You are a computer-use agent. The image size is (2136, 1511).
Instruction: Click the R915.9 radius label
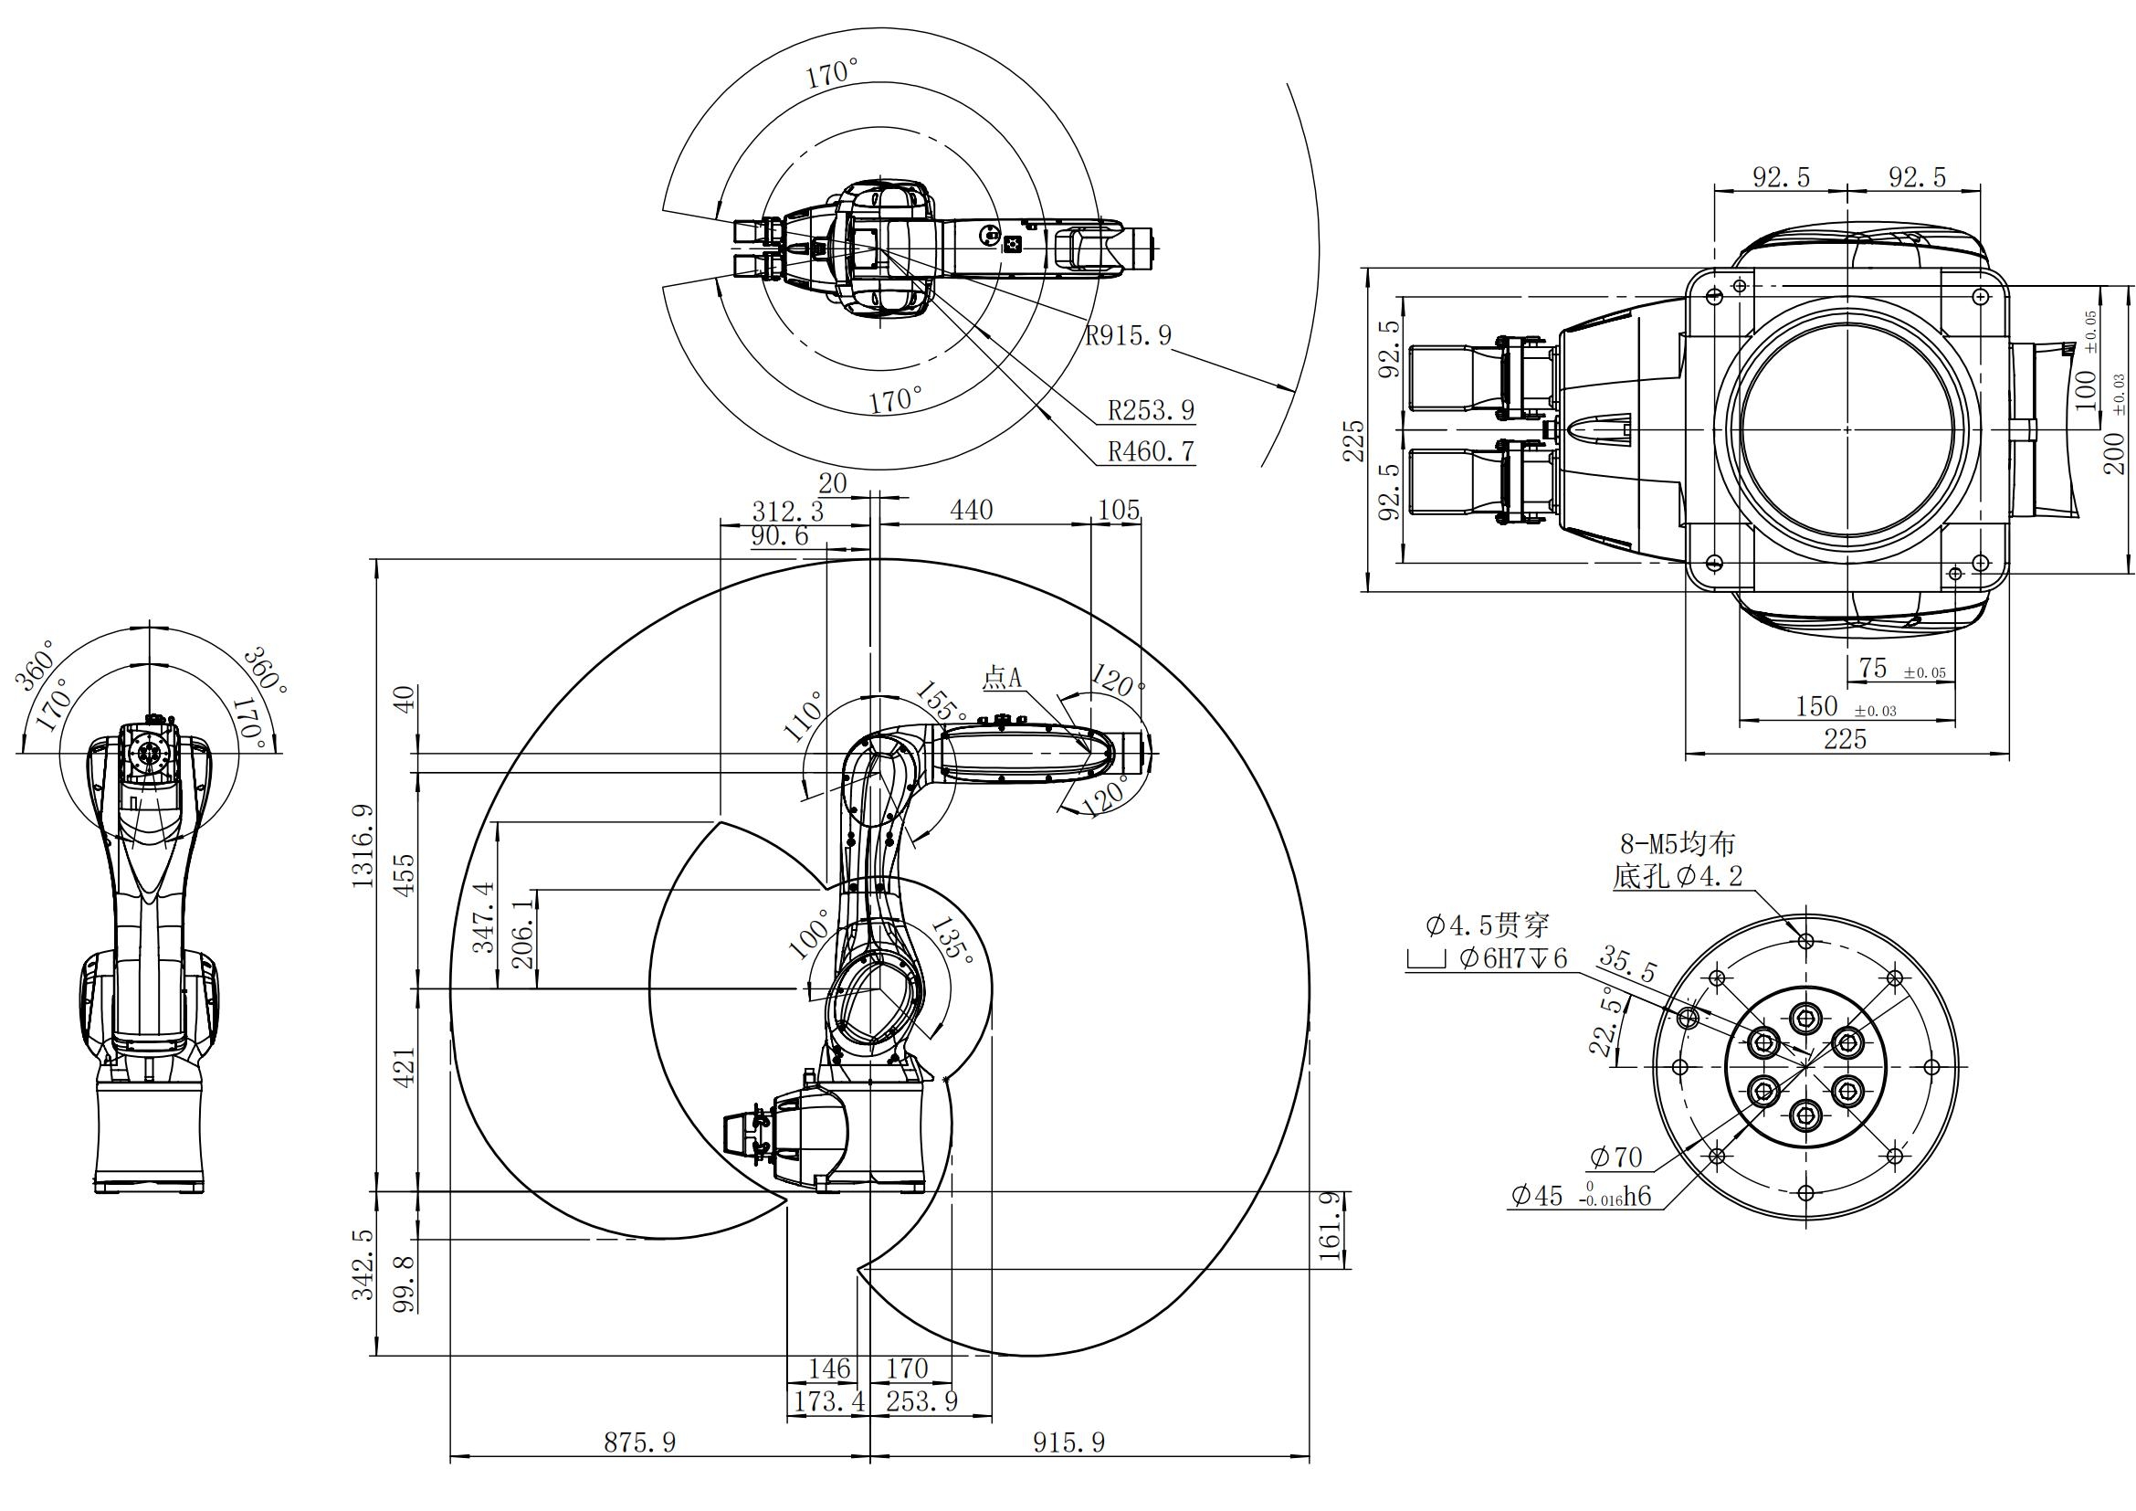click(x=1129, y=335)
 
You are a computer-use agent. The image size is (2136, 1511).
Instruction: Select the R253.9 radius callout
click(x=1151, y=410)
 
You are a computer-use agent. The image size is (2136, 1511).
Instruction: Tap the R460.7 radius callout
click(x=1151, y=452)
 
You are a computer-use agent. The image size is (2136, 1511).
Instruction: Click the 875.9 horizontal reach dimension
click(x=640, y=1443)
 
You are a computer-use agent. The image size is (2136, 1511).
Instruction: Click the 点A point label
click(x=1002, y=678)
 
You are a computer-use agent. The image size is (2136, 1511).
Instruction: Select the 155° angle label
click(x=942, y=702)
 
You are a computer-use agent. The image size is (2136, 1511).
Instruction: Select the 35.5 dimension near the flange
click(x=1627, y=965)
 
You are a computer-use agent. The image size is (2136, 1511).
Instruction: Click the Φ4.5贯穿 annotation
click(x=1488, y=925)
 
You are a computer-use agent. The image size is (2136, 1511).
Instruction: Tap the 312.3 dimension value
click(x=787, y=512)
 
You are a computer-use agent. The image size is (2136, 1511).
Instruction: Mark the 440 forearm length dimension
click(x=971, y=510)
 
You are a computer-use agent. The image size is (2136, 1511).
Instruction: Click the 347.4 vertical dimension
click(x=485, y=917)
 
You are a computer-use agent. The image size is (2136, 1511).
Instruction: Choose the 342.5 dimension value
click(x=363, y=1264)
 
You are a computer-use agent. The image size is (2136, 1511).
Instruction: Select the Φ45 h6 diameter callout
click(x=1581, y=1196)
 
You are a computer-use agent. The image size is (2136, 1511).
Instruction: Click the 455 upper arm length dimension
click(x=405, y=872)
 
